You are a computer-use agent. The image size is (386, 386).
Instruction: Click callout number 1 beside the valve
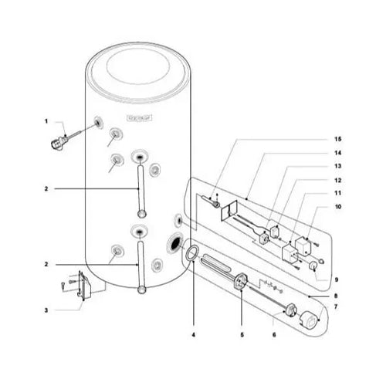click(x=46, y=120)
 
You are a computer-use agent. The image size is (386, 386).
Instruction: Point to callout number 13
click(x=337, y=165)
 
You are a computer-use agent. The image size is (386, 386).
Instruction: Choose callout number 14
click(x=337, y=152)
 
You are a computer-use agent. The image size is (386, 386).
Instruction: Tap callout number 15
click(x=337, y=139)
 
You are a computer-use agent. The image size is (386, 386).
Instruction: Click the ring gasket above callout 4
click(x=191, y=254)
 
